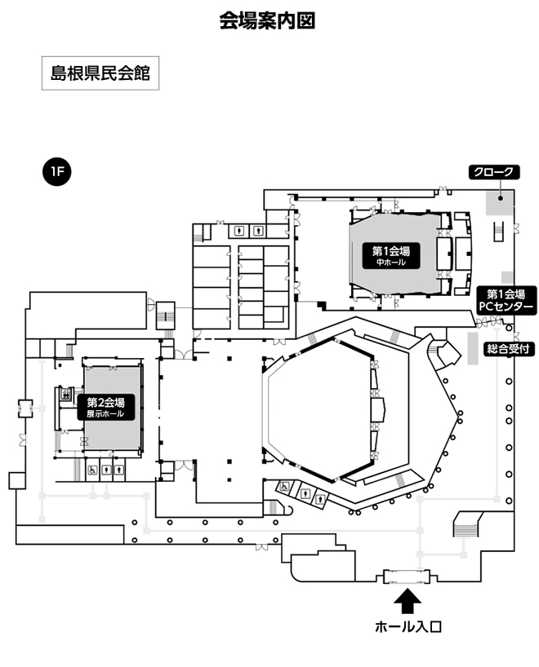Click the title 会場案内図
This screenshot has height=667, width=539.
[x=267, y=21]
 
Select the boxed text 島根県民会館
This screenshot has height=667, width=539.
[x=100, y=73]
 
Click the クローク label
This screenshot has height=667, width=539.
[x=492, y=172]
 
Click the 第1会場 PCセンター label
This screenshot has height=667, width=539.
[x=506, y=300]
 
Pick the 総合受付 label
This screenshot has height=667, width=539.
[x=508, y=349]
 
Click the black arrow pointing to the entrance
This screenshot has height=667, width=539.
[x=408, y=602]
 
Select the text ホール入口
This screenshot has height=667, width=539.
[x=408, y=627]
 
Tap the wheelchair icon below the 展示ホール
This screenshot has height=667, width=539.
[x=93, y=470]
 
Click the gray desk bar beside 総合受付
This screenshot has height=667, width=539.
[x=471, y=347]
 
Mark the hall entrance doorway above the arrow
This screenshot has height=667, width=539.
[x=406, y=576]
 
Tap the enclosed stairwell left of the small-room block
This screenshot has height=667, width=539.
[x=166, y=313]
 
